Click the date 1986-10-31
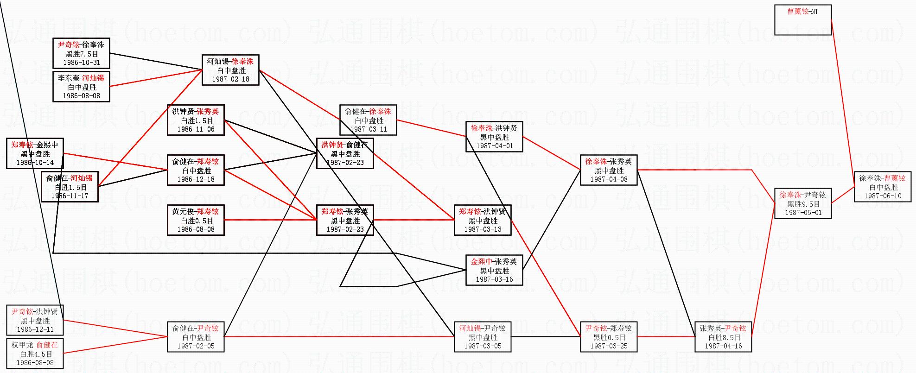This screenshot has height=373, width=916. tap(82, 63)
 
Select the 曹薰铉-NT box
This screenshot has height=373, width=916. tap(802, 19)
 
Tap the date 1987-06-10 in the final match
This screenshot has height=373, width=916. tap(883, 196)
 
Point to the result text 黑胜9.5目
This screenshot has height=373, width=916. tap(803, 204)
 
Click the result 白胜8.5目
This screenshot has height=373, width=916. tap(723, 337)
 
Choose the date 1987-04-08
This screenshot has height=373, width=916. tap(609, 179)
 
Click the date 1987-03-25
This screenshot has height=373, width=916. tap(609, 346)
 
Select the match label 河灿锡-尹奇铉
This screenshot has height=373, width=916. tap(482, 329)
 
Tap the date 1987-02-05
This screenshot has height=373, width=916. tap(196, 346)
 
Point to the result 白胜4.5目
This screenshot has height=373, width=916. tap(35, 354)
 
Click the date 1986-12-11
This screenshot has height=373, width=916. tap(35, 329)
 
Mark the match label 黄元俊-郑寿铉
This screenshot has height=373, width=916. tap(196, 212)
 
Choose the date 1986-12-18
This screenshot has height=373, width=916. tap(196, 179)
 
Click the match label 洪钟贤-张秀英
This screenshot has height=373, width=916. tap(196, 112)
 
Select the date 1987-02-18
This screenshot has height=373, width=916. tap(230, 79)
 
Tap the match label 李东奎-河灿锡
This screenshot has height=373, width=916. tap(81, 78)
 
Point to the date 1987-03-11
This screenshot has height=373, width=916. tap(368, 129)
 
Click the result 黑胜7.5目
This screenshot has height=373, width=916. tap(82, 54)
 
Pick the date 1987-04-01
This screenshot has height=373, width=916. tap(495, 146)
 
